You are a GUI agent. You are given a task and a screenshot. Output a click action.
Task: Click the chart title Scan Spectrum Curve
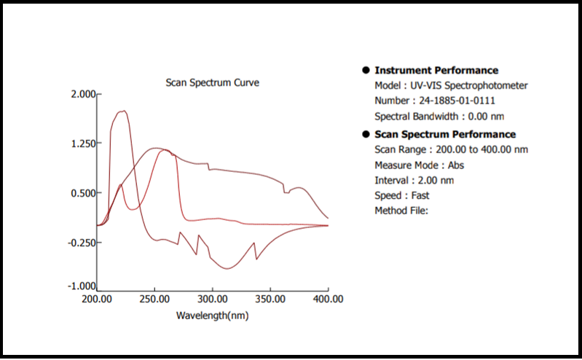point(212,82)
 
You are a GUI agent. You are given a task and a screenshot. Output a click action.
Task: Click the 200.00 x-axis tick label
point(96,299)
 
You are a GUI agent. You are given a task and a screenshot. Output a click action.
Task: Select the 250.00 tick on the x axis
point(154,299)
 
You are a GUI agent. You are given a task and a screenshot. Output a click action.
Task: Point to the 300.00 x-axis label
point(212,299)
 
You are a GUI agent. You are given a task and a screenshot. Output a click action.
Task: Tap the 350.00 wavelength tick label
point(270,299)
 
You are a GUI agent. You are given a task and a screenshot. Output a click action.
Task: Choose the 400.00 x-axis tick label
point(327,299)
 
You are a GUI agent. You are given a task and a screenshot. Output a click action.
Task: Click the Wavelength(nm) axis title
point(212,316)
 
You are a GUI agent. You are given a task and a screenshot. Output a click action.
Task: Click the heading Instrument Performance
point(436,71)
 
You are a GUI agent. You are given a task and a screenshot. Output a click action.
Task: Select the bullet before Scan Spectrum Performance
point(366,134)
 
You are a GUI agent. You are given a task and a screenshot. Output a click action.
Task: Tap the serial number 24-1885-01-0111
point(455,101)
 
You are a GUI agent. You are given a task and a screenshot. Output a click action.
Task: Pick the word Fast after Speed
point(420,195)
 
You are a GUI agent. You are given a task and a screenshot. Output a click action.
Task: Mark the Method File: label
point(401,211)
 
